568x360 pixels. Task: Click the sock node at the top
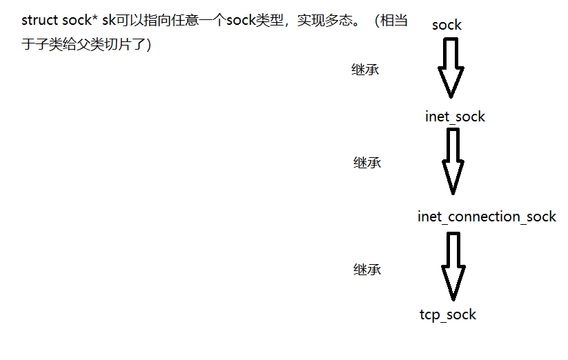447,26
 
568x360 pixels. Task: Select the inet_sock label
455,117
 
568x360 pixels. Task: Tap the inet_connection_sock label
487,217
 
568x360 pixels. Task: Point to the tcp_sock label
448,314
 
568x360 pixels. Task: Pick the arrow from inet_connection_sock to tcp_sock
453,266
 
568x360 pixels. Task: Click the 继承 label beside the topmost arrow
365,70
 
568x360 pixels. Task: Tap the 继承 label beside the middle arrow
367,163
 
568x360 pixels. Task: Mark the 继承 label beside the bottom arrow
367,270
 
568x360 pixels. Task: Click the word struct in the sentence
35,21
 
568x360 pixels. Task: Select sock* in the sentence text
75,21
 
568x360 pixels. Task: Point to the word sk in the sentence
108,21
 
